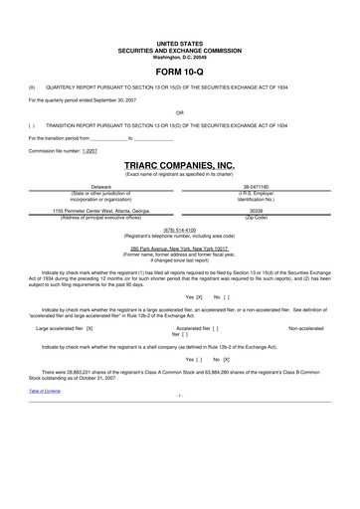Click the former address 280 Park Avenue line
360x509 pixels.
[180, 246]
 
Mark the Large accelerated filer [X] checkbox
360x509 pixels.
[64, 326]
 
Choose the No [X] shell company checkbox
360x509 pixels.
[222, 356]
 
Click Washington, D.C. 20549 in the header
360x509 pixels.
[180, 56]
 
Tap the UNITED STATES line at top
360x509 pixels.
[180, 44]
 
